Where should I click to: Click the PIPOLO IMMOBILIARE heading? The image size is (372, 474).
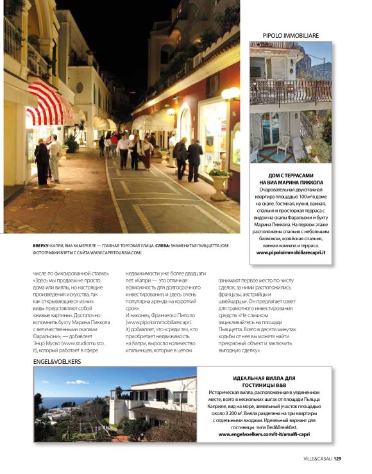[291, 35]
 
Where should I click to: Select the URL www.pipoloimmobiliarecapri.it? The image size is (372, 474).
[291, 252]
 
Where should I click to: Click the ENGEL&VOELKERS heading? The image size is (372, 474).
[57, 361]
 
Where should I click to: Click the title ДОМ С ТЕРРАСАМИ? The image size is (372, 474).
[291, 174]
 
